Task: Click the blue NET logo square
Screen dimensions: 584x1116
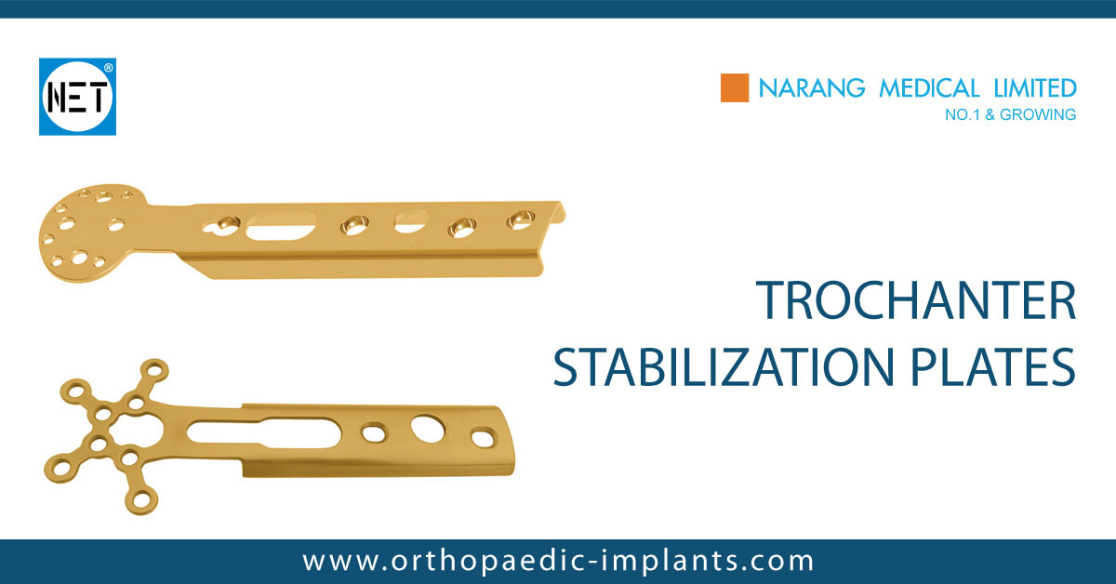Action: click(x=77, y=97)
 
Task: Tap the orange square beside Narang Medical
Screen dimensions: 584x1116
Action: click(x=735, y=88)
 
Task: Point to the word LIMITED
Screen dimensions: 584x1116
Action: click(x=1033, y=88)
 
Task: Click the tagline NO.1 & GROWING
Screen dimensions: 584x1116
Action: click(x=1010, y=115)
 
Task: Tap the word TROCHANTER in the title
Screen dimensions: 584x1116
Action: click(x=915, y=301)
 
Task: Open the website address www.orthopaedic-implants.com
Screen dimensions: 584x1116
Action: click(x=558, y=561)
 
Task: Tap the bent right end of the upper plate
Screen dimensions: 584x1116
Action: click(x=554, y=216)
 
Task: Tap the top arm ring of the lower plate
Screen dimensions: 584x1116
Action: click(x=159, y=369)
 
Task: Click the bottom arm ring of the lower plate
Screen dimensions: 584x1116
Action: click(x=142, y=499)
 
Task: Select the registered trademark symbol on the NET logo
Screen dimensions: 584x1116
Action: click(x=109, y=68)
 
